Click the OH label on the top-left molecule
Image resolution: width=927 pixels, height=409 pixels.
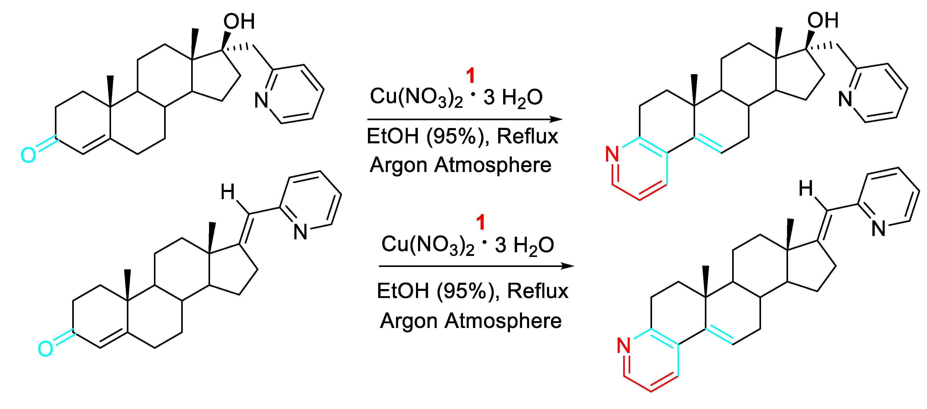[239, 22]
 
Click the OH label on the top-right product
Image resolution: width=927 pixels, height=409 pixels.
[823, 20]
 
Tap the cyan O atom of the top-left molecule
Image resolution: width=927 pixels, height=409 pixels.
[28, 155]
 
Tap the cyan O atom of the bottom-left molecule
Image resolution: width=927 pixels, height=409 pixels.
[45, 349]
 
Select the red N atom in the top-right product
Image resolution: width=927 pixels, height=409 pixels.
[612, 154]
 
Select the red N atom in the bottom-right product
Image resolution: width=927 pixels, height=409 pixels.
[624, 346]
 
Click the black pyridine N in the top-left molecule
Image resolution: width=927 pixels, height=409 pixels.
[261, 100]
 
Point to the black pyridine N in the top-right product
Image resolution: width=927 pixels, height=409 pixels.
[845, 99]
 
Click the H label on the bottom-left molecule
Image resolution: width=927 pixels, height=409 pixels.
[227, 192]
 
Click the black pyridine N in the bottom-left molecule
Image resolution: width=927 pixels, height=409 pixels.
[300, 232]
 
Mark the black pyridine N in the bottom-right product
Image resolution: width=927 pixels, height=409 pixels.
[878, 229]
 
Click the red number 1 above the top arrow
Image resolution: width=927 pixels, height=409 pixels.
[470, 76]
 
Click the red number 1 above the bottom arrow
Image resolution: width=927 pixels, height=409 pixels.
[481, 222]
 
